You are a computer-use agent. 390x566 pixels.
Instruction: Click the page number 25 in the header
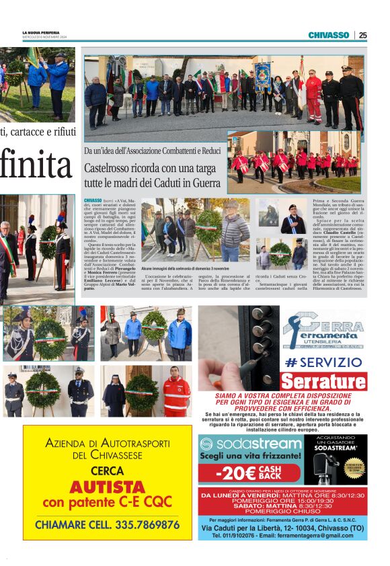(x=362, y=35)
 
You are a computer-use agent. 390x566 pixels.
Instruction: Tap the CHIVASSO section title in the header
(x=328, y=35)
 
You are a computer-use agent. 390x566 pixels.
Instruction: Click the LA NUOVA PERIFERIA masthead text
(x=42, y=33)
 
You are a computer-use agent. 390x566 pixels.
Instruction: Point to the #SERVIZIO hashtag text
(x=323, y=362)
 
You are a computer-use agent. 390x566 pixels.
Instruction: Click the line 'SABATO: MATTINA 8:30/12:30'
(x=282, y=506)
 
